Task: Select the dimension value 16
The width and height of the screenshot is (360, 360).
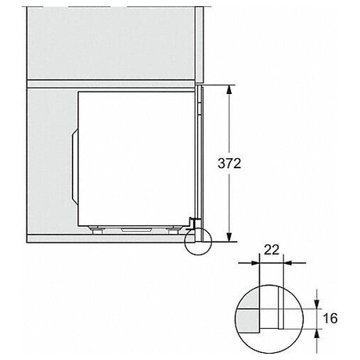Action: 329,319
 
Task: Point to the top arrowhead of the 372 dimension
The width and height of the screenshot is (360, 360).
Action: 229,88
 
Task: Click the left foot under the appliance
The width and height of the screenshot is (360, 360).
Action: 100,230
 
